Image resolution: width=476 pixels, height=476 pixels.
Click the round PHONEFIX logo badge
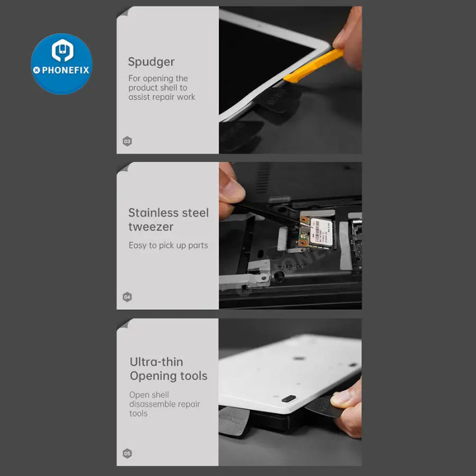coord(61,64)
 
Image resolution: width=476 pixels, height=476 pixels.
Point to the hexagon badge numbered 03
coord(127,141)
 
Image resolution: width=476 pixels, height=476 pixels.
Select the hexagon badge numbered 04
coord(127,296)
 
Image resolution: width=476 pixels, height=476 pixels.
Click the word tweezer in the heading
coord(151,227)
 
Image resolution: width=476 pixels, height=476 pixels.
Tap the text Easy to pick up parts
coord(168,245)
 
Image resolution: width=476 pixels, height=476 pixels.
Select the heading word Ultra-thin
coord(156,362)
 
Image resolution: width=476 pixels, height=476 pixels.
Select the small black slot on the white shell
coord(290,398)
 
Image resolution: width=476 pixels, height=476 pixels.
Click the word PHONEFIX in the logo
coord(65,70)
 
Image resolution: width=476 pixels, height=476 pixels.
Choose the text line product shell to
coord(158,87)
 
